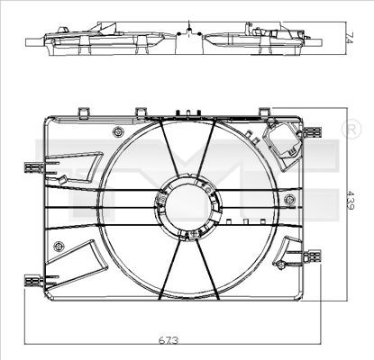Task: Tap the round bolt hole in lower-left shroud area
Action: tap(59, 246)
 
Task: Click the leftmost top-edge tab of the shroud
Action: tap(85, 112)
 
